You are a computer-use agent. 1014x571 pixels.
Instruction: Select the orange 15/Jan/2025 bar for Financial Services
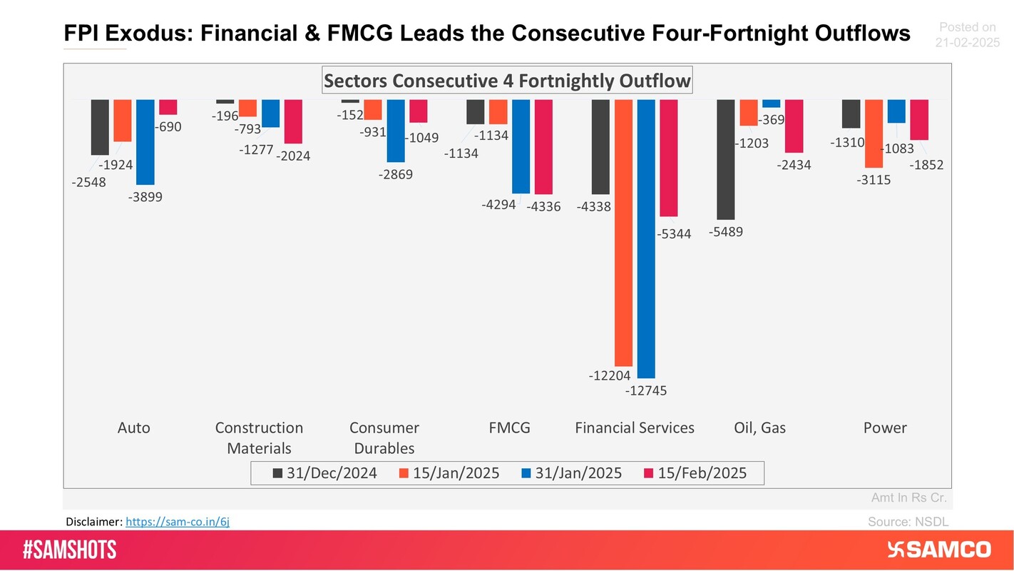click(623, 232)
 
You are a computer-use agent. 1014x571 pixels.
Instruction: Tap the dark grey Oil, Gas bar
click(726, 159)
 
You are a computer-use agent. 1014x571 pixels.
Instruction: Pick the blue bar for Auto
click(145, 142)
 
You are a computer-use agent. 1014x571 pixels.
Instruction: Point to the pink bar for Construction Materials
click(293, 121)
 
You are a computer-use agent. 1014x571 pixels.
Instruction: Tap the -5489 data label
click(726, 231)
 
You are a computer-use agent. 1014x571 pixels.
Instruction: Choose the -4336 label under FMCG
click(543, 207)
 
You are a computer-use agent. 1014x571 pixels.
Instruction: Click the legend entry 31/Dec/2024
click(324, 473)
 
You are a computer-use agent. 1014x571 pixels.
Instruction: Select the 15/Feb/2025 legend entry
click(695, 473)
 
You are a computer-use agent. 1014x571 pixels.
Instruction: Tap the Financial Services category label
click(634, 428)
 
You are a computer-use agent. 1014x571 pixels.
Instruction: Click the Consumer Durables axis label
click(384, 438)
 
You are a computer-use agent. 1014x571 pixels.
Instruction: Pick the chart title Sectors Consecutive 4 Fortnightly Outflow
click(507, 80)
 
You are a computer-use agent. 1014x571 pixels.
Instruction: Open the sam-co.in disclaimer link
click(178, 522)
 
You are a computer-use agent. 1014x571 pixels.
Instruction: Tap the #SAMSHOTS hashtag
click(69, 550)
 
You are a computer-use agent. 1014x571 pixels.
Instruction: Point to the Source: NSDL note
click(908, 522)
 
